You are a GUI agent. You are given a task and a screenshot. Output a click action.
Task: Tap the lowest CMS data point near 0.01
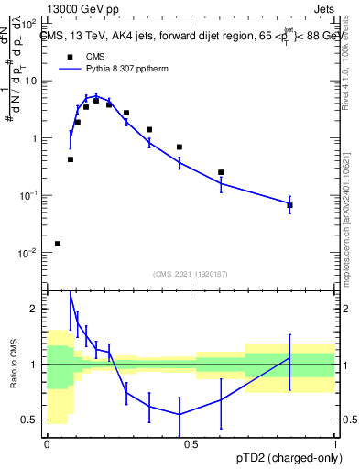pos(58,244)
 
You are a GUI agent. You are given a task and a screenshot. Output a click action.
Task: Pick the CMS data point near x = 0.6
pos(221,172)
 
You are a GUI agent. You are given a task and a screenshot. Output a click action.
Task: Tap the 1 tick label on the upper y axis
pos(37,138)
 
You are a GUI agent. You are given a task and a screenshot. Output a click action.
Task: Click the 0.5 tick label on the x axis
pos(191,444)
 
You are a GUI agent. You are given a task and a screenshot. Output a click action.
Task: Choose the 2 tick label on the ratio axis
pos(38,309)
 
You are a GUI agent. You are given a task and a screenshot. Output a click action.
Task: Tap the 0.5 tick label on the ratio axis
pos(33,420)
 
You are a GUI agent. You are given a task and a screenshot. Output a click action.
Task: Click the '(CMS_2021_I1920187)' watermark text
pos(191,273)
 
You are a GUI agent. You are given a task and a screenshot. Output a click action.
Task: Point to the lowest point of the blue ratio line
pos(179,414)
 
